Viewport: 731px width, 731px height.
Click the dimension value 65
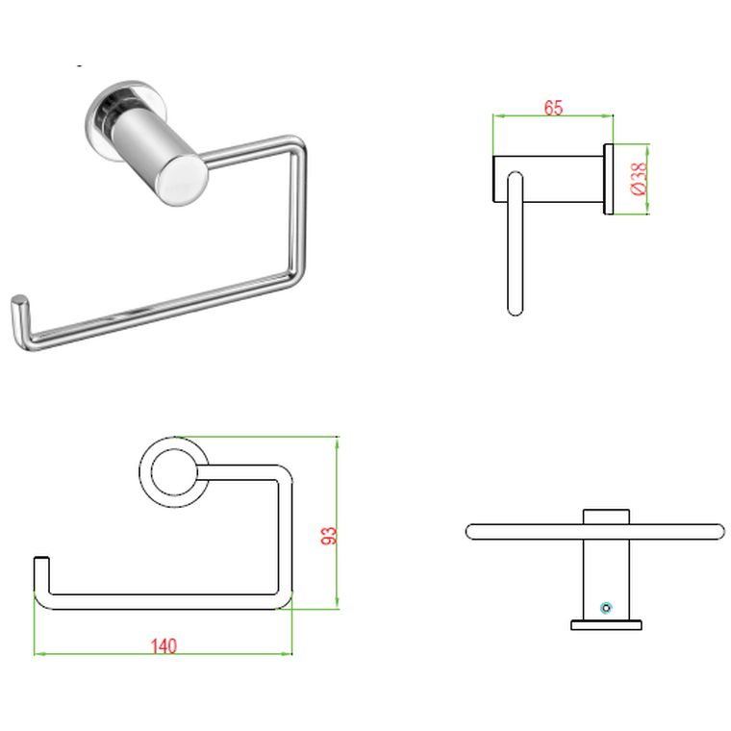[553, 108]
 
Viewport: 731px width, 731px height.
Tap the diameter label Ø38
[639, 179]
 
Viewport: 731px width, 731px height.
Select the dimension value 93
[328, 536]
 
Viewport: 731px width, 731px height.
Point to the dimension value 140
[164, 646]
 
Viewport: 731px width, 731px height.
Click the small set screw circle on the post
[605, 607]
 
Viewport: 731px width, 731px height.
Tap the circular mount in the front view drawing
[171, 469]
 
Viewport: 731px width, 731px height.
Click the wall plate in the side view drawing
[608, 179]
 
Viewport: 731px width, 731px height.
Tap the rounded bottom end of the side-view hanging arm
[515, 308]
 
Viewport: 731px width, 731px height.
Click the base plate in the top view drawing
[606, 625]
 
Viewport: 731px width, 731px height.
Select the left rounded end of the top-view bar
[472, 531]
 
